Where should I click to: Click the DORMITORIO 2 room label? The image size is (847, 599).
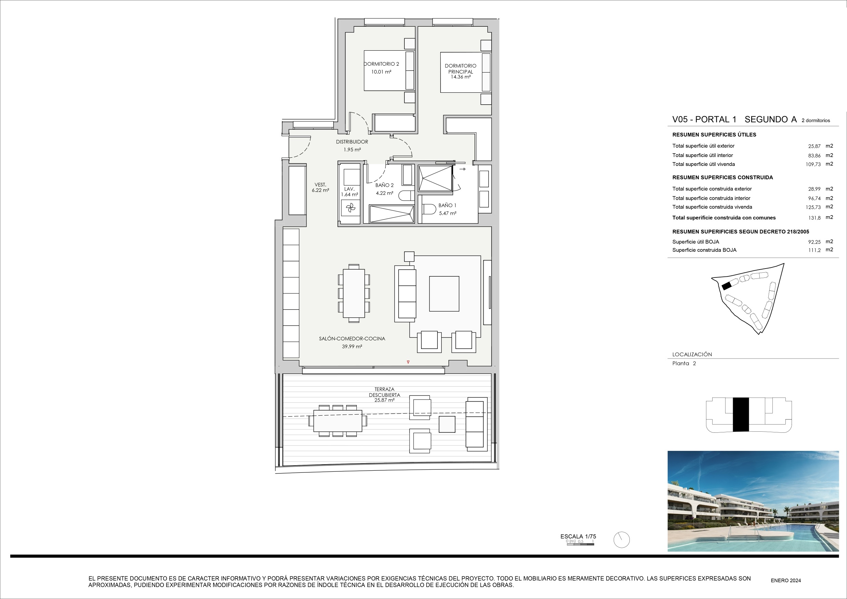[381, 64]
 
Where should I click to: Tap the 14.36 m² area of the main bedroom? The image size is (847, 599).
[460, 77]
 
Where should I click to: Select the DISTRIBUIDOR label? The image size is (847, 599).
[352, 142]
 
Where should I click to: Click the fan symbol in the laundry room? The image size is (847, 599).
[350, 209]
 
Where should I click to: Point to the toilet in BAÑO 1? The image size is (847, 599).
[429, 209]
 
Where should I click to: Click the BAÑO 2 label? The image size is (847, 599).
[385, 185]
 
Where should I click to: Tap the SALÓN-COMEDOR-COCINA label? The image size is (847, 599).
[352, 339]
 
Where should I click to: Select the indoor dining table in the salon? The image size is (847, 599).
[354, 293]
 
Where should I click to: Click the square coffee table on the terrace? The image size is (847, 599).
[447, 424]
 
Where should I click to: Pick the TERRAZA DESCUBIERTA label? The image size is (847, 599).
[385, 392]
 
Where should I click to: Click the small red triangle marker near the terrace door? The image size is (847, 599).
[408, 362]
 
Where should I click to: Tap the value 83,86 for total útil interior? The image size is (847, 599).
[815, 156]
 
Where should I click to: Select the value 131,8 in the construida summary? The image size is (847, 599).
[815, 218]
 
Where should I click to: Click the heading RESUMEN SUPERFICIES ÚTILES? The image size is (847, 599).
[714, 135]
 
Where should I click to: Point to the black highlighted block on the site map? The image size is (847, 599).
[727, 286]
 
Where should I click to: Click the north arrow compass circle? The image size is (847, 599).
[622, 539]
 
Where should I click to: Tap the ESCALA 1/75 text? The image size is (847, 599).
[578, 537]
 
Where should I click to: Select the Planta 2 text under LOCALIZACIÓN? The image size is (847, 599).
[684, 363]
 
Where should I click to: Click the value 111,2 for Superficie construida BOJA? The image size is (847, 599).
[815, 250]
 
